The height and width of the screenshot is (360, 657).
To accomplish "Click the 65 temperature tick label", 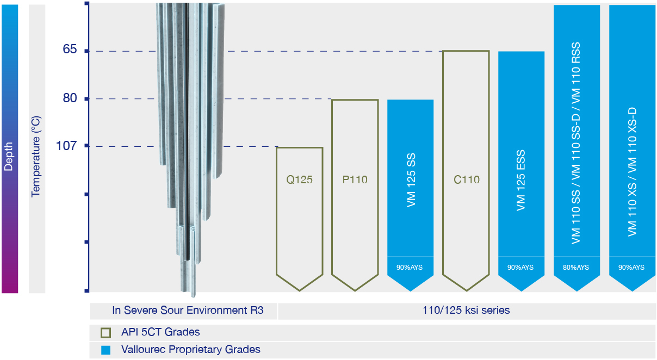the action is (70, 49).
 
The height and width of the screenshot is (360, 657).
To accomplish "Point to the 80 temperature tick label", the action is (70, 98).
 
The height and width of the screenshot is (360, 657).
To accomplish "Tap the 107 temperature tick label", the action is (66, 146).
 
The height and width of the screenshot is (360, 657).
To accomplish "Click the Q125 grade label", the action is (300, 179).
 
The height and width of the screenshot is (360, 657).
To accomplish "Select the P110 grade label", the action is (355, 179).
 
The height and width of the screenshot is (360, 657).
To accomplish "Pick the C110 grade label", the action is (466, 179).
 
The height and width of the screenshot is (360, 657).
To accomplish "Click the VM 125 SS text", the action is (411, 180).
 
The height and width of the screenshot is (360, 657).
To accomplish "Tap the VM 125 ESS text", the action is (520, 181).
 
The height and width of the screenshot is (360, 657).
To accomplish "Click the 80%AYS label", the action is (576, 268).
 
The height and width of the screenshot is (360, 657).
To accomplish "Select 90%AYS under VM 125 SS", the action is (410, 268).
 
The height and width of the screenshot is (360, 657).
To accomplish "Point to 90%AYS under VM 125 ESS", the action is (520, 268).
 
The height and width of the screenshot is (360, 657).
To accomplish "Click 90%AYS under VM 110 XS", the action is (631, 268).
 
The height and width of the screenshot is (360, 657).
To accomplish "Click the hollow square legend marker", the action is (106, 333).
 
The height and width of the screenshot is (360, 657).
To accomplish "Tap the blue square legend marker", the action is (106, 350).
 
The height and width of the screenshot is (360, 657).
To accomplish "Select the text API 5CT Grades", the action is (160, 332).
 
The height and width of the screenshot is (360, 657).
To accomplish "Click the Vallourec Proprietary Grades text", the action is (191, 350).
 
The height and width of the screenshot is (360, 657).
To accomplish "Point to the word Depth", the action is (9, 157).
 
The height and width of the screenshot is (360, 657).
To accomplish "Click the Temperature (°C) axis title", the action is (36, 157).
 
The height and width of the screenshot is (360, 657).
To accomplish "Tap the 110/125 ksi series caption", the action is (466, 310).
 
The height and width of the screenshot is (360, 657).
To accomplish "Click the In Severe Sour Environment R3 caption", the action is (188, 310).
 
